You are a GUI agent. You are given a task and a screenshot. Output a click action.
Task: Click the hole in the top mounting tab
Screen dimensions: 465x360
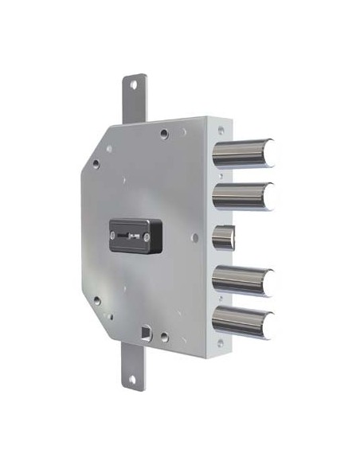point(133,83)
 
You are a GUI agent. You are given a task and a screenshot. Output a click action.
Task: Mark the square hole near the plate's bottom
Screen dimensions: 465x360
point(144,331)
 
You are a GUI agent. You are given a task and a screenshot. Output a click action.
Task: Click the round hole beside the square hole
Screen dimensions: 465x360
point(163,337)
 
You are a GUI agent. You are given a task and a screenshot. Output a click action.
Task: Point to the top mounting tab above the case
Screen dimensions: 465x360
point(133,100)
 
